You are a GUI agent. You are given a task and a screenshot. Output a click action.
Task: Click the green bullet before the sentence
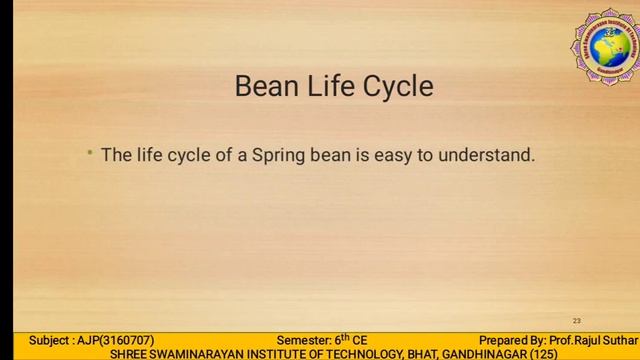[x=89, y=153]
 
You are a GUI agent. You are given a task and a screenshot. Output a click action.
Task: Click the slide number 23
[x=577, y=321]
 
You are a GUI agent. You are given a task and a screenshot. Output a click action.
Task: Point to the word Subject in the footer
[x=50, y=340]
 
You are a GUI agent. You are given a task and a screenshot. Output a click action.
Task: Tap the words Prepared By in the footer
[x=511, y=340]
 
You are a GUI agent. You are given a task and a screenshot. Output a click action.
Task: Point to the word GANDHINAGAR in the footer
[x=484, y=354]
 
